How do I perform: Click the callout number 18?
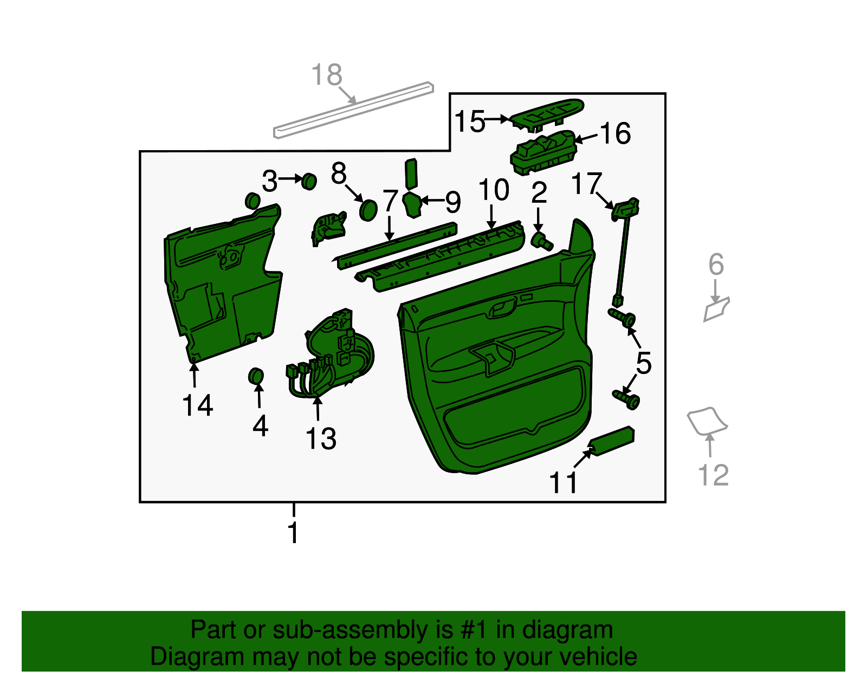[x=326, y=75]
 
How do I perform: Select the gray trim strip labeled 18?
[x=353, y=110]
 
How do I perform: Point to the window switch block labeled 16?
[x=544, y=152]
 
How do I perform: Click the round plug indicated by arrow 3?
[x=309, y=182]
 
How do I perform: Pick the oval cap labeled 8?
[x=368, y=210]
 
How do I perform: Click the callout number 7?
[x=390, y=201]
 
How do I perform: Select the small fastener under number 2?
[x=542, y=240]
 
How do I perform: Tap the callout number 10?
[x=494, y=190]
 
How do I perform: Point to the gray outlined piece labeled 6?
[x=716, y=310]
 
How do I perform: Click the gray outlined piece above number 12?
[x=707, y=421]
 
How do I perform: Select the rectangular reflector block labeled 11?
[x=611, y=441]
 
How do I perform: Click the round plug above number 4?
[x=256, y=376]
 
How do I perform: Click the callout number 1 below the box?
[x=293, y=532]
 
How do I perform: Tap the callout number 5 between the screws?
[x=643, y=363]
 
